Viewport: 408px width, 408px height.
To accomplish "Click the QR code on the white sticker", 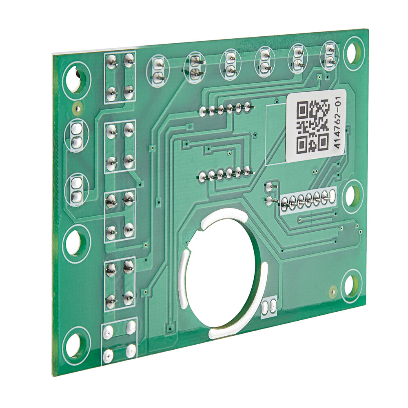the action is [313, 126].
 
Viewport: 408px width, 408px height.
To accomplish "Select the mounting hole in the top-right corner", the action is [353, 52].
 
